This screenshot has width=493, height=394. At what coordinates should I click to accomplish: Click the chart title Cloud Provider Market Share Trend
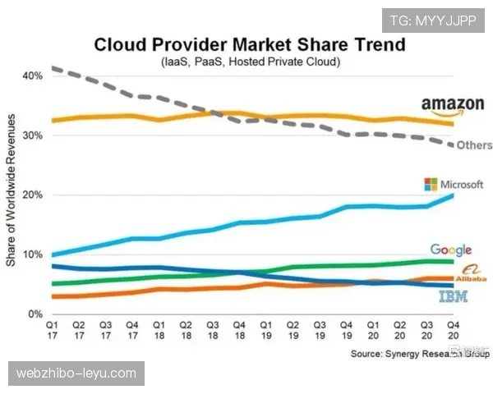click(250, 44)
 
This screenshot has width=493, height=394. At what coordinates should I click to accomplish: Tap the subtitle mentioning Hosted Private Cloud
click(250, 62)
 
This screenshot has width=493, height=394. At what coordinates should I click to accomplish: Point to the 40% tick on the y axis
click(33, 76)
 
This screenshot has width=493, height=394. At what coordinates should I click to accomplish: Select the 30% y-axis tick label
click(33, 135)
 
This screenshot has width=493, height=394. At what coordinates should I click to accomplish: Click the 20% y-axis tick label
click(33, 195)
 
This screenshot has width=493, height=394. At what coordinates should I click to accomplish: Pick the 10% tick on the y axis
click(33, 254)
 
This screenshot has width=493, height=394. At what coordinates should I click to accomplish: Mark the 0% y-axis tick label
click(35, 314)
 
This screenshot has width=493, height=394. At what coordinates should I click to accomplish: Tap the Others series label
click(474, 145)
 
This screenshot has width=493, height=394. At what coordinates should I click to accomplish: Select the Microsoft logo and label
click(454, 184)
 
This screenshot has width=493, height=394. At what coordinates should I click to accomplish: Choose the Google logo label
click(450, 250)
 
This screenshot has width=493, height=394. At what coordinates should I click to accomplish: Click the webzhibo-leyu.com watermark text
click(76, 373)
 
